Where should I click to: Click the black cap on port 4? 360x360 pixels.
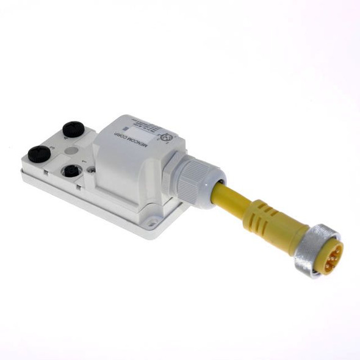(73, 129)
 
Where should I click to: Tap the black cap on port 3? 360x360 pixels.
(39, 154)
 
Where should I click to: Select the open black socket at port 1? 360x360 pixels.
(71, 171)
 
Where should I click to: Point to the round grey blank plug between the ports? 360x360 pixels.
(71, 149)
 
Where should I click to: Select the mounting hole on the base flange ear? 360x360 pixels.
(162, 223)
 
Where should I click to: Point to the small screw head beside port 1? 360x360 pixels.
(91, 171)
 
